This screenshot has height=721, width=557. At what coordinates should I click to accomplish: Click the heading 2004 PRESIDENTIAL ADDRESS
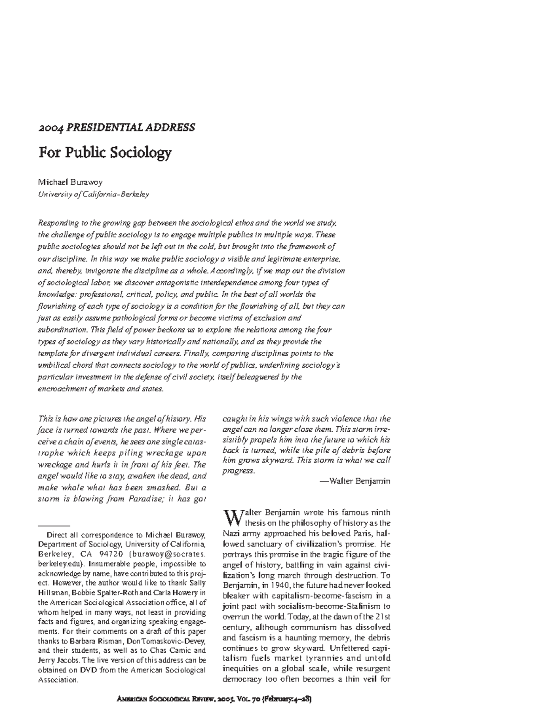[x=116, y=127]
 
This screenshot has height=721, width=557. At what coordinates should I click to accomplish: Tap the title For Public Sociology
[x=104, y=152]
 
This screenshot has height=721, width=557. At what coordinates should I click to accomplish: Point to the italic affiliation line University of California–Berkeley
[x=93, y=195]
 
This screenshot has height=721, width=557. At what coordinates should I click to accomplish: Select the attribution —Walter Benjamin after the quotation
[x=355, y=481]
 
